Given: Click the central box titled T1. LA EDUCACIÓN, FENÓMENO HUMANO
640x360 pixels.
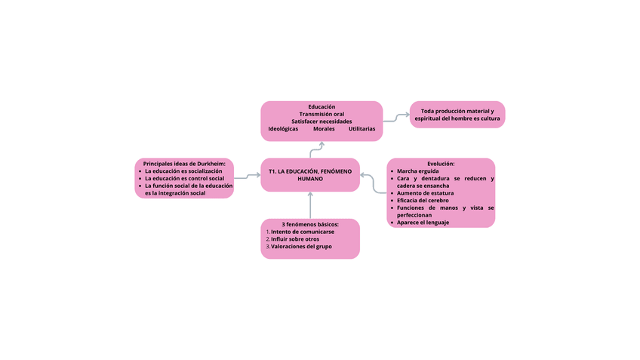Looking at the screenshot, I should coord(310,175).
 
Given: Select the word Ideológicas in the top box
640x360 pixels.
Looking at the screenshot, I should coord(283,129).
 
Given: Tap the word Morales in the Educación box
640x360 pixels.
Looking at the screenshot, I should coord(324,129).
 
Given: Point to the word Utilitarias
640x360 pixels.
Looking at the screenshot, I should coord(362,129).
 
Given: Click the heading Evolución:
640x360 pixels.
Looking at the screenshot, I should coord(441,164).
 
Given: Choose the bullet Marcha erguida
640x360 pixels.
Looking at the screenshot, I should coord(417,171).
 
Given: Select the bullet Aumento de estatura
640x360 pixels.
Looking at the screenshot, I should coord(425,193).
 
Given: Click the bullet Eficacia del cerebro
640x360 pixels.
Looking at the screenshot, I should coord(423,201).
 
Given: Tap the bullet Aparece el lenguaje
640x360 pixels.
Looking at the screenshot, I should coord(423,223).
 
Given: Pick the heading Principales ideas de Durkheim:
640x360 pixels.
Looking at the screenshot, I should coord(184,164).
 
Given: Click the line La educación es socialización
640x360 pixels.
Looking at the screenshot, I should coord(183,171).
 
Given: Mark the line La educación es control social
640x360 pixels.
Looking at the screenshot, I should coord(184,179).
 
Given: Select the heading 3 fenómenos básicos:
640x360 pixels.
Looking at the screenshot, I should coord(310,224).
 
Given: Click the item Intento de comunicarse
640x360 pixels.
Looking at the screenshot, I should coord(303,232).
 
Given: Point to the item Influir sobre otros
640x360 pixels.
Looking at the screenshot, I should coord(295,239).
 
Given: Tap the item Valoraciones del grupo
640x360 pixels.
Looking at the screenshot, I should coord(301,247).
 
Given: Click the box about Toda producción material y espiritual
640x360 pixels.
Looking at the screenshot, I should coord(457,115).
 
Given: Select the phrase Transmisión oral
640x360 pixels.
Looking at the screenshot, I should coord(322,114).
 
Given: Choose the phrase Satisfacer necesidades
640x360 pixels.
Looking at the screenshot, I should coord(322,122).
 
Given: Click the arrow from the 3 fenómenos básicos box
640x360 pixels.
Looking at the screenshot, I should coord(310,205).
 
